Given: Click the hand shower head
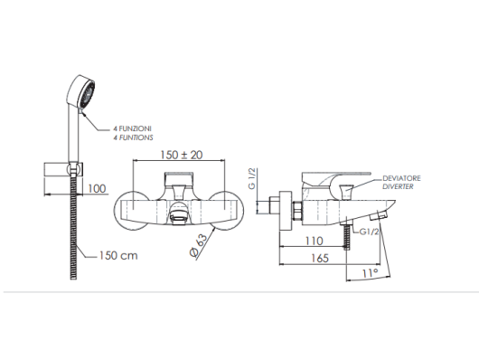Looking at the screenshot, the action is pyautogui.click(x=80, y=92).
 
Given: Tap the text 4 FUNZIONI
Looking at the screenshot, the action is pyautogui.click(x=132, y=128).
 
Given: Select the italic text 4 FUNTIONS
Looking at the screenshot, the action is pyautogui.click(x=133, y=138).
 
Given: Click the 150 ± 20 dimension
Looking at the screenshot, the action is pyautogui.click(x=182, y=155).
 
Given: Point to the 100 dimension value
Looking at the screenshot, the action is pyautogui.click(x=97, y=188).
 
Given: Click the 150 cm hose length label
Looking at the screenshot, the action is pyautogui.click(x=118, y=255).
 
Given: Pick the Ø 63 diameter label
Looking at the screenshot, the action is pyautogui.click(x=199, y=245).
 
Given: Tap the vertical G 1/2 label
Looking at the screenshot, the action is pyautogui.click(x=252, y=178).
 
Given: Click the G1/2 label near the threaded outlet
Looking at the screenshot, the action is pyautogui.click(x=369, y=232).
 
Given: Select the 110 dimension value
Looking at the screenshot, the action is pyautogui.click(x=314, y=241).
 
